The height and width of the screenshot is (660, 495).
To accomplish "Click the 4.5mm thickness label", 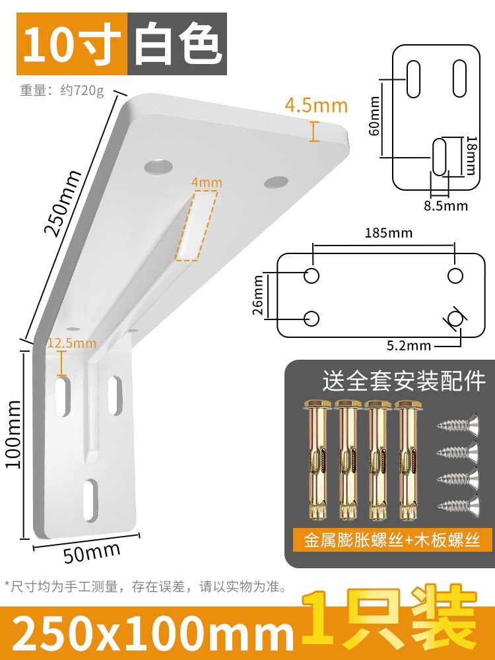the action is point(315,105).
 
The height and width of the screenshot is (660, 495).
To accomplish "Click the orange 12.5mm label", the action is point(71,343).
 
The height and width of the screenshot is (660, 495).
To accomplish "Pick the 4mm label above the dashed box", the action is point(207,182).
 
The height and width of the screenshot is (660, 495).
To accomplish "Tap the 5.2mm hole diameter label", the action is point(409,345).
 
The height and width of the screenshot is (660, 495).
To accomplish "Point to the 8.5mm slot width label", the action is point(445,205).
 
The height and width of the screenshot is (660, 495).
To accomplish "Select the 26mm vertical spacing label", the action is point(259,294).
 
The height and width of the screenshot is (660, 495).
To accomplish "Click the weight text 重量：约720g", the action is point(62,90).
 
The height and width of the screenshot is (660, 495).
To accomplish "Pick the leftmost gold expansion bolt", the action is point(315,459).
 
